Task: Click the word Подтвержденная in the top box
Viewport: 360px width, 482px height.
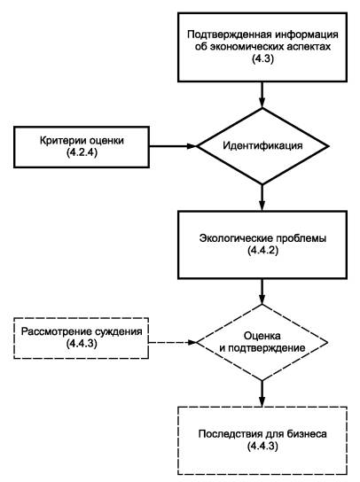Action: pyautogui.click(x=230, y=35)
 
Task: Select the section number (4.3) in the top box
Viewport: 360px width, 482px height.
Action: pyautogui.click(x=262, y=58)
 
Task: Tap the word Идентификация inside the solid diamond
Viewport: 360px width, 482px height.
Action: pyautogui.click(x=262, y=145)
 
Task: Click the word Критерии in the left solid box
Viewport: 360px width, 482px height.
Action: pyautogui.click(x=63, y=141)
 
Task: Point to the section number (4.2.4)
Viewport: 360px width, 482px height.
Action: pyautogui.click(x=82, y=152)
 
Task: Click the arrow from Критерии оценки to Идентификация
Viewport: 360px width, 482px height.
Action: pyautogui.click(x=173, y=146)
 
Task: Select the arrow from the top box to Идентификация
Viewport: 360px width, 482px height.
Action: pyautogui.click(x=262, y=95)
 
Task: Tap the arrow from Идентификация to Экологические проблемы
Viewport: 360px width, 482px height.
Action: pyautogui.click(x=262, y=198)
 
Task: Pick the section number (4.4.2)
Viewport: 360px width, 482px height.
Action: pyautogui.click(x=262, y=250)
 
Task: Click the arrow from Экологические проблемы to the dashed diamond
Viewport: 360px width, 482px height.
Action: pyautogui.click(x=262, y=292)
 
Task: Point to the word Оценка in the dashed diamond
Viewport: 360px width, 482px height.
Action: pyautogui.click(x=262, y=336)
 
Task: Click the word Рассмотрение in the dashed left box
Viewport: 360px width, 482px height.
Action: pyautogui.click(x=57, y=331)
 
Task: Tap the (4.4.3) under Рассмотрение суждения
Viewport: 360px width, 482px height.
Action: pyautogui.click(x=82, y=344)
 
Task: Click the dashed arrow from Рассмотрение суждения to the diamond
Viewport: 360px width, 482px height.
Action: pyautogui.click(x=173, y=342)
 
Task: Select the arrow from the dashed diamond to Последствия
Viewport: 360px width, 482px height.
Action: pyautogui.click(x=262, y=394)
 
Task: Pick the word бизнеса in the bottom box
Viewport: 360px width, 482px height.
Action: pyautogui.click(x=306, y=434)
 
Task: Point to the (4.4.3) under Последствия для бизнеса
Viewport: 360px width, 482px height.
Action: pyautogui.click(x=262, y=446)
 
